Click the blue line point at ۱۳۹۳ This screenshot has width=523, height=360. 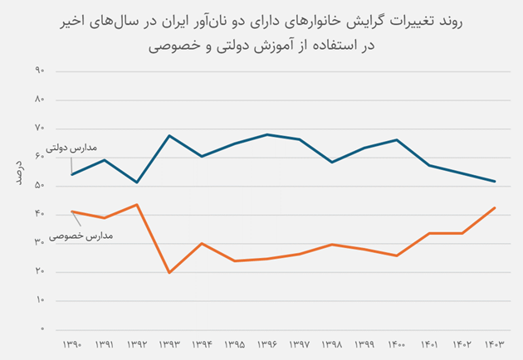click(x=169, y=135)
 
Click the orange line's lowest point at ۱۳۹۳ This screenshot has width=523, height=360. click(x=169, y=273)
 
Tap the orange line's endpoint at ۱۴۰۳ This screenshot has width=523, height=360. click(x=495, y=207)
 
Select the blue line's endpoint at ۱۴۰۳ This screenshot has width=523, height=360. click(x=495, y=182)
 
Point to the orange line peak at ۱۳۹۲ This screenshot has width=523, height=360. click(x=137, y=204)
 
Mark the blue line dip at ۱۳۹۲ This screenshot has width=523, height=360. click(x=137, y=182)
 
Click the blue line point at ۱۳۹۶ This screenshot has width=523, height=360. click(x=266, y=134)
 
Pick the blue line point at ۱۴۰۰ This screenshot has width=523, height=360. click(x=397, y=140)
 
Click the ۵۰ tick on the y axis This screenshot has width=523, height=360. click(x=39, y=186)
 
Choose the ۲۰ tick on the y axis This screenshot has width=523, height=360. click(x=39, y=272)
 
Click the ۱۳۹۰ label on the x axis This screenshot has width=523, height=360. click(x=72, y=343)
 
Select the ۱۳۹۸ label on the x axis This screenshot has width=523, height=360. click(x=332, y=343)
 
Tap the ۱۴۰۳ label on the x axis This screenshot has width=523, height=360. click(x=495, y=343)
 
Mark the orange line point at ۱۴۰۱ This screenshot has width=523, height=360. click(x=429, y=233)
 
